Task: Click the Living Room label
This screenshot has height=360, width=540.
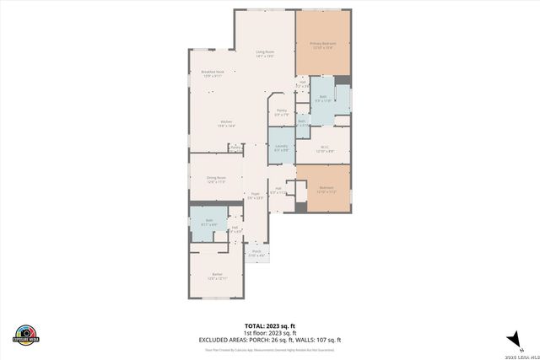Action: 265,55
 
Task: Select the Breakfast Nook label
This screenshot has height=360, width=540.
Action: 213,74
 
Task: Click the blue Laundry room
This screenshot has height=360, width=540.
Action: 281,148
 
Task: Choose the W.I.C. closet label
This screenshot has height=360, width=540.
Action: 325,148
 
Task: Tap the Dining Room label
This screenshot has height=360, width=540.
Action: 216,179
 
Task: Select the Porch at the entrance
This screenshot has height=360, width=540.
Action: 256,252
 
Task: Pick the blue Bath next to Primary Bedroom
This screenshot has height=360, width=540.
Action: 323,99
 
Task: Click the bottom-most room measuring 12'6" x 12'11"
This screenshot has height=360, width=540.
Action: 217,276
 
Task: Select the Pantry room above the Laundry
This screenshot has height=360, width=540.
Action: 282,112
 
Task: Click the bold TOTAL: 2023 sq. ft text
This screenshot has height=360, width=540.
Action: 269,325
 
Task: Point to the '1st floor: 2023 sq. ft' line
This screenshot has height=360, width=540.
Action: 269,331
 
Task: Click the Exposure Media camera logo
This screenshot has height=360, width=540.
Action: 26,335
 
